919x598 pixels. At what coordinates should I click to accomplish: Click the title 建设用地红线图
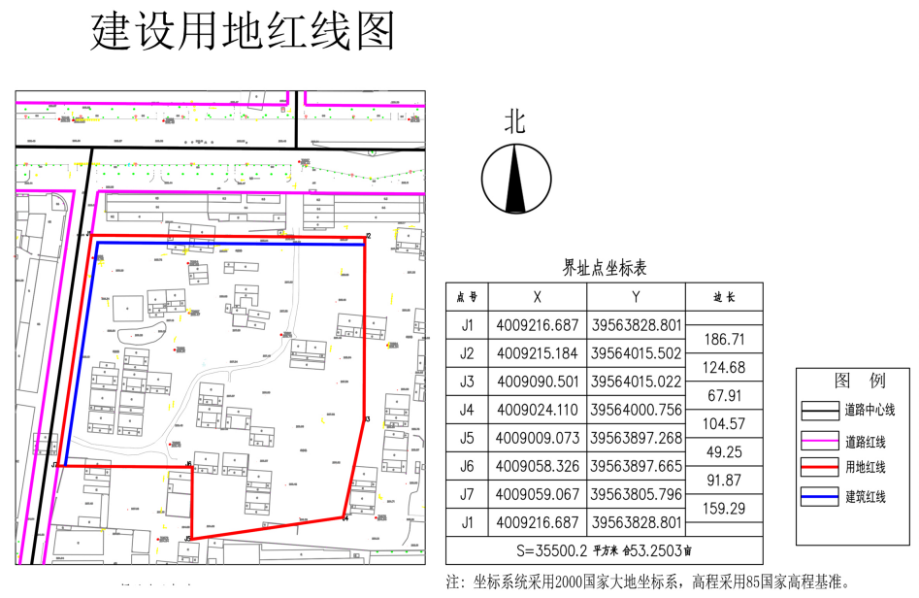(x=244, y=33)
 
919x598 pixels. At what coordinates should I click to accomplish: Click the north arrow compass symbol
(x=516, y=180)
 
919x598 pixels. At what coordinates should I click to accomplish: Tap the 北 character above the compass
(x=514, y=121)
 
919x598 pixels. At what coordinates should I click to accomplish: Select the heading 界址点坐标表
(x=604, y=268)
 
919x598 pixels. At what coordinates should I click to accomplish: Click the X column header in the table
(x=537, y=297)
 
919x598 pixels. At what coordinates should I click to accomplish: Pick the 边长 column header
(x=723, y=297)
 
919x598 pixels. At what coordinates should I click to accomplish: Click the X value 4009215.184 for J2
(x=537, y=352)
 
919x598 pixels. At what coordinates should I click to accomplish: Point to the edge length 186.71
(x=723, y=339)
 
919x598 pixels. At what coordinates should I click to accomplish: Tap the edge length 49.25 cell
(x=723, y=452)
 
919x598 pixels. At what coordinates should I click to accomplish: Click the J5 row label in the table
(x=467, y=438)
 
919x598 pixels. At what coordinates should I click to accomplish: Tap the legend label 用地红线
(x=865, y=468)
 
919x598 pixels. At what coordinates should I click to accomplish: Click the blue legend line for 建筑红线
(x=819, y=498)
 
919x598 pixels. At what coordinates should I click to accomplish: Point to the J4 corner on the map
(x=345, y=516)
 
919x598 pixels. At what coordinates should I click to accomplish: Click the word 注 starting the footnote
(x=452, y=583)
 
